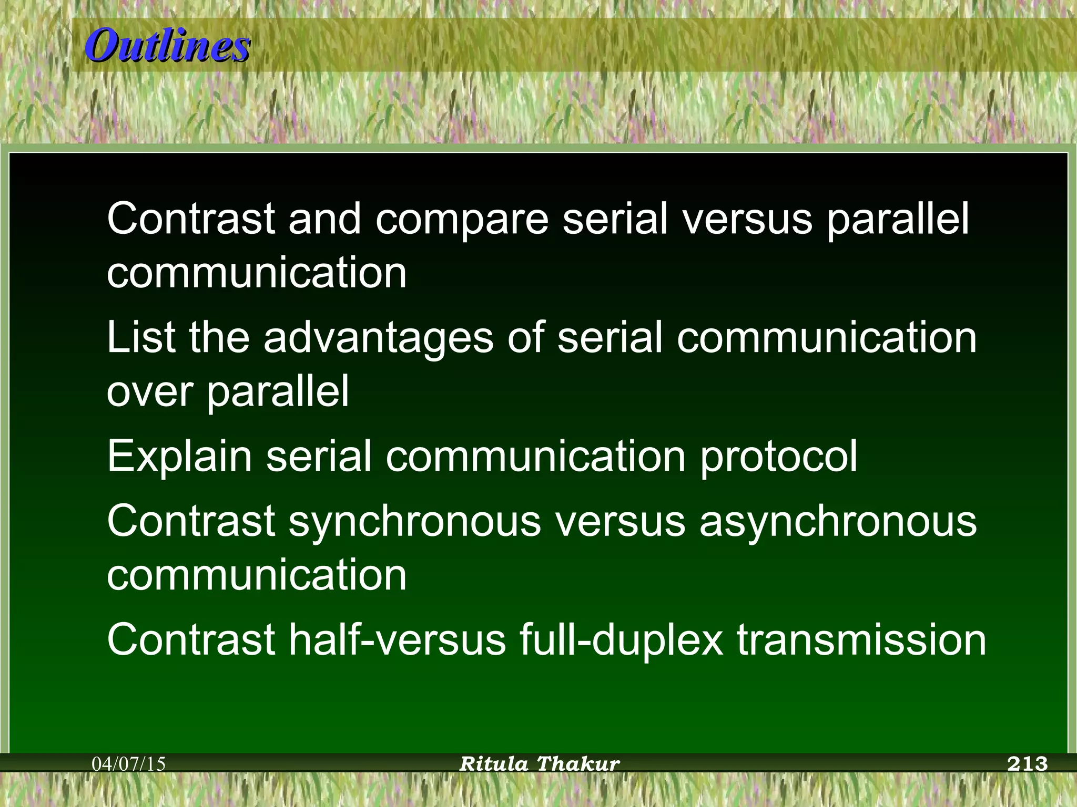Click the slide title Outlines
(167, 46)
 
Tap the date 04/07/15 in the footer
(129, 763)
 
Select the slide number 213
(1027, 763)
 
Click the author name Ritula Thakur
(540, 763)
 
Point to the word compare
(462, 220)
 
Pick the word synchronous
(414, 523)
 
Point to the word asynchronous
(838, 523)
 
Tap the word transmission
(861, 640)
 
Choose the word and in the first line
(324, 220)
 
